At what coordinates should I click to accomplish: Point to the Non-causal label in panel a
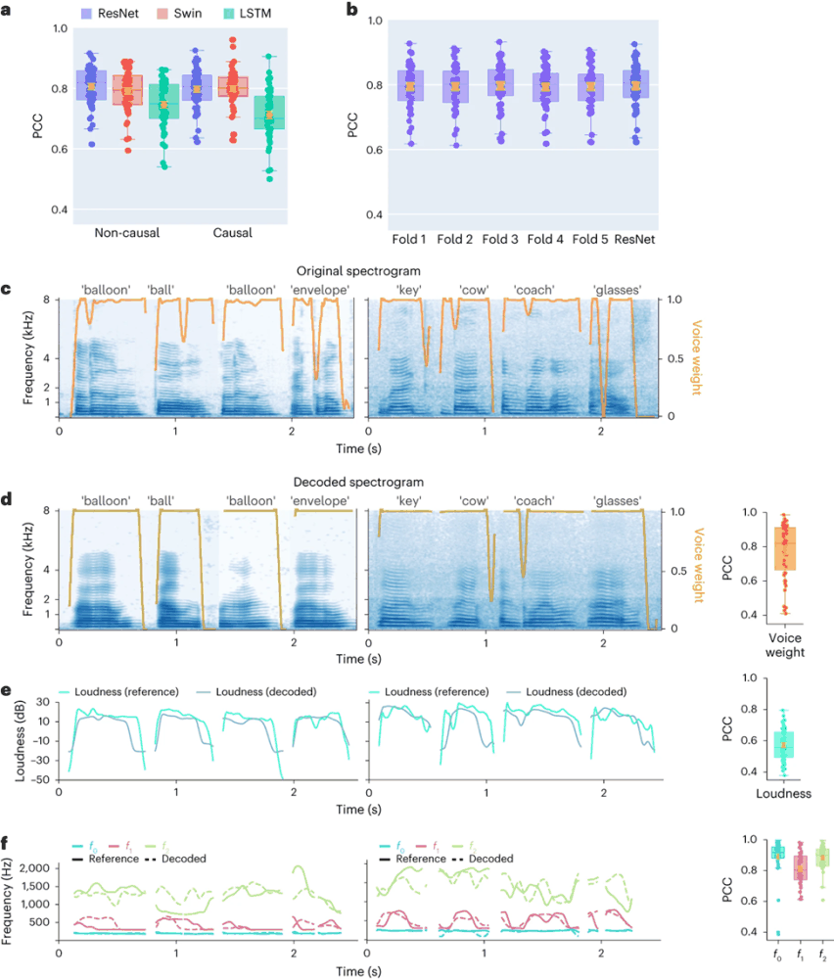pyautogui.click(x=128, y=234)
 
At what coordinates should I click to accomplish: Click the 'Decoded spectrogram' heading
pyautogui.click(x=361, y=483)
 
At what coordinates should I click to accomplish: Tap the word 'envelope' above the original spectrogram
pyautogui.click(x=320, y=290)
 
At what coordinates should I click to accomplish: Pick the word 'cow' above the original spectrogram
pyautogui.click(x=476, y=290)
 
